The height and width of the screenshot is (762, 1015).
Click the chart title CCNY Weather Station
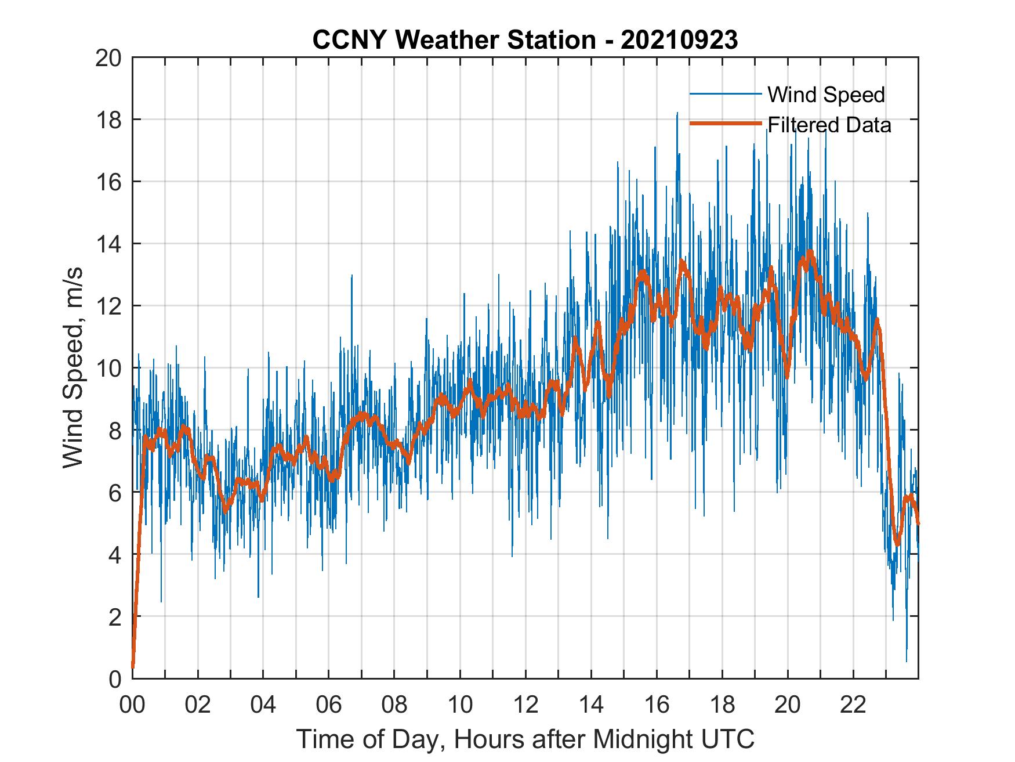click(454, 40)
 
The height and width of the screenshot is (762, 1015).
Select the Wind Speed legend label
click(826, 95)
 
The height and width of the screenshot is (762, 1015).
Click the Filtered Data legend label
click(829, 125)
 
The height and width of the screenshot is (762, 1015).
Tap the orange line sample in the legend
click(725, 124)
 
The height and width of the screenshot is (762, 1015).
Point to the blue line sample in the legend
click(725, 94)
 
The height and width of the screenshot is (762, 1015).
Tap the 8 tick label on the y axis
click(115, 430)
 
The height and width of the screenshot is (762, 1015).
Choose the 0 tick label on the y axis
click(115, 678)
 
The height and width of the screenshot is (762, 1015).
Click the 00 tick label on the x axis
click(132, 705)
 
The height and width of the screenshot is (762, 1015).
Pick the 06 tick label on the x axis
click(329, 705)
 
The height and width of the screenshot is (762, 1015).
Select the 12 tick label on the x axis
click(525, 705)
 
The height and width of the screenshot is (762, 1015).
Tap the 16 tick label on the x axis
click(657, 705)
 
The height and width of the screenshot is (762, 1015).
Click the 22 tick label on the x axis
click(853, 705)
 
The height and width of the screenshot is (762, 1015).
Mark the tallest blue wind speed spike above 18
click(677, 114)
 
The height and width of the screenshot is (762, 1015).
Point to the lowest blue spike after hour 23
click(907, 660)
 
